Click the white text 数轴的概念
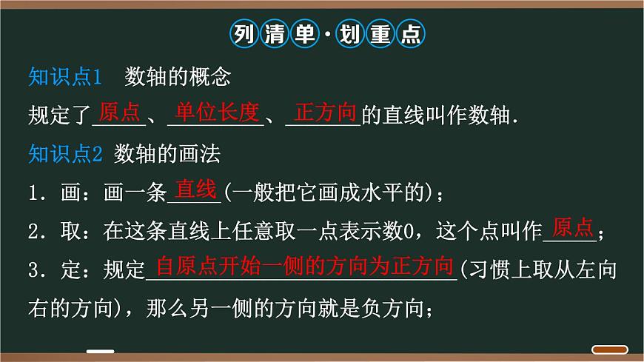(179, 76)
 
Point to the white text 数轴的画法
(168, 154)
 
